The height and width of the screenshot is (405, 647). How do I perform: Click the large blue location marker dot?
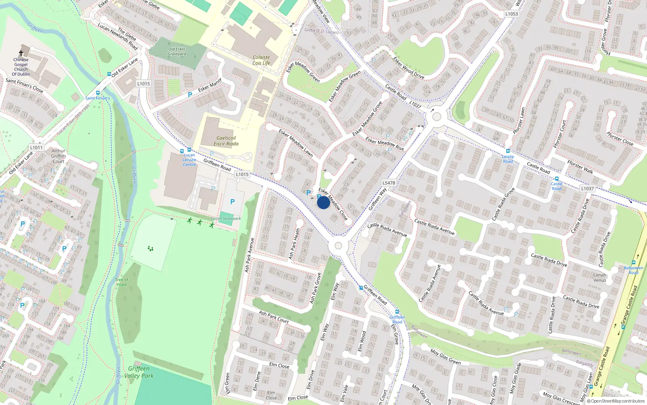coord(323,202)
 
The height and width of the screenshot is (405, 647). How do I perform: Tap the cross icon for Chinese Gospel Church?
coord(21,53)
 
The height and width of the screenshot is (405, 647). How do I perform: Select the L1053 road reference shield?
coord(512,14)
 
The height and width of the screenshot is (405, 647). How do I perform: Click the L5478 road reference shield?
coord(389,183)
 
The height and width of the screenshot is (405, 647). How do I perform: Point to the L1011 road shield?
coord(36,147)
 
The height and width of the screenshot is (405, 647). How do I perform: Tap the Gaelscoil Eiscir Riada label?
coord(226,141)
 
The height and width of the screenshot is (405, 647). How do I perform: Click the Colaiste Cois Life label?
coord(261,60)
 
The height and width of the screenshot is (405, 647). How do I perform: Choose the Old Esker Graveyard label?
coord(177,51)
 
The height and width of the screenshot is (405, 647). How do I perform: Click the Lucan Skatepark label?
coord(226,219)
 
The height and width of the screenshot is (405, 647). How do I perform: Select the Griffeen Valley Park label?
coord(139,372)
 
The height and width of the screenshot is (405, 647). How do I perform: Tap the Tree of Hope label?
coord(121,282)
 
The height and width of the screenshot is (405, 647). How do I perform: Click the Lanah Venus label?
coord(600,277)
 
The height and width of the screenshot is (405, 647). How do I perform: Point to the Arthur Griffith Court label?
coord(58,156)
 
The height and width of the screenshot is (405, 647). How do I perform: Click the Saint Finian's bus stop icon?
coord(98,93)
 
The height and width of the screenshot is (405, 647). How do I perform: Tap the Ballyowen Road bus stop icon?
coord(633,262)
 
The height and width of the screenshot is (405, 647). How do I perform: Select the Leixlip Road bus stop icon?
coord(508,151)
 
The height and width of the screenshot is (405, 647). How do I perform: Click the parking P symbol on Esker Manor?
coord(190,95)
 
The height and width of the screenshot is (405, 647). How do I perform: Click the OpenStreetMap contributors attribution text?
coord(615,401)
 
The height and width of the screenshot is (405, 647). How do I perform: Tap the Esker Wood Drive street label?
coord(409,68)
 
